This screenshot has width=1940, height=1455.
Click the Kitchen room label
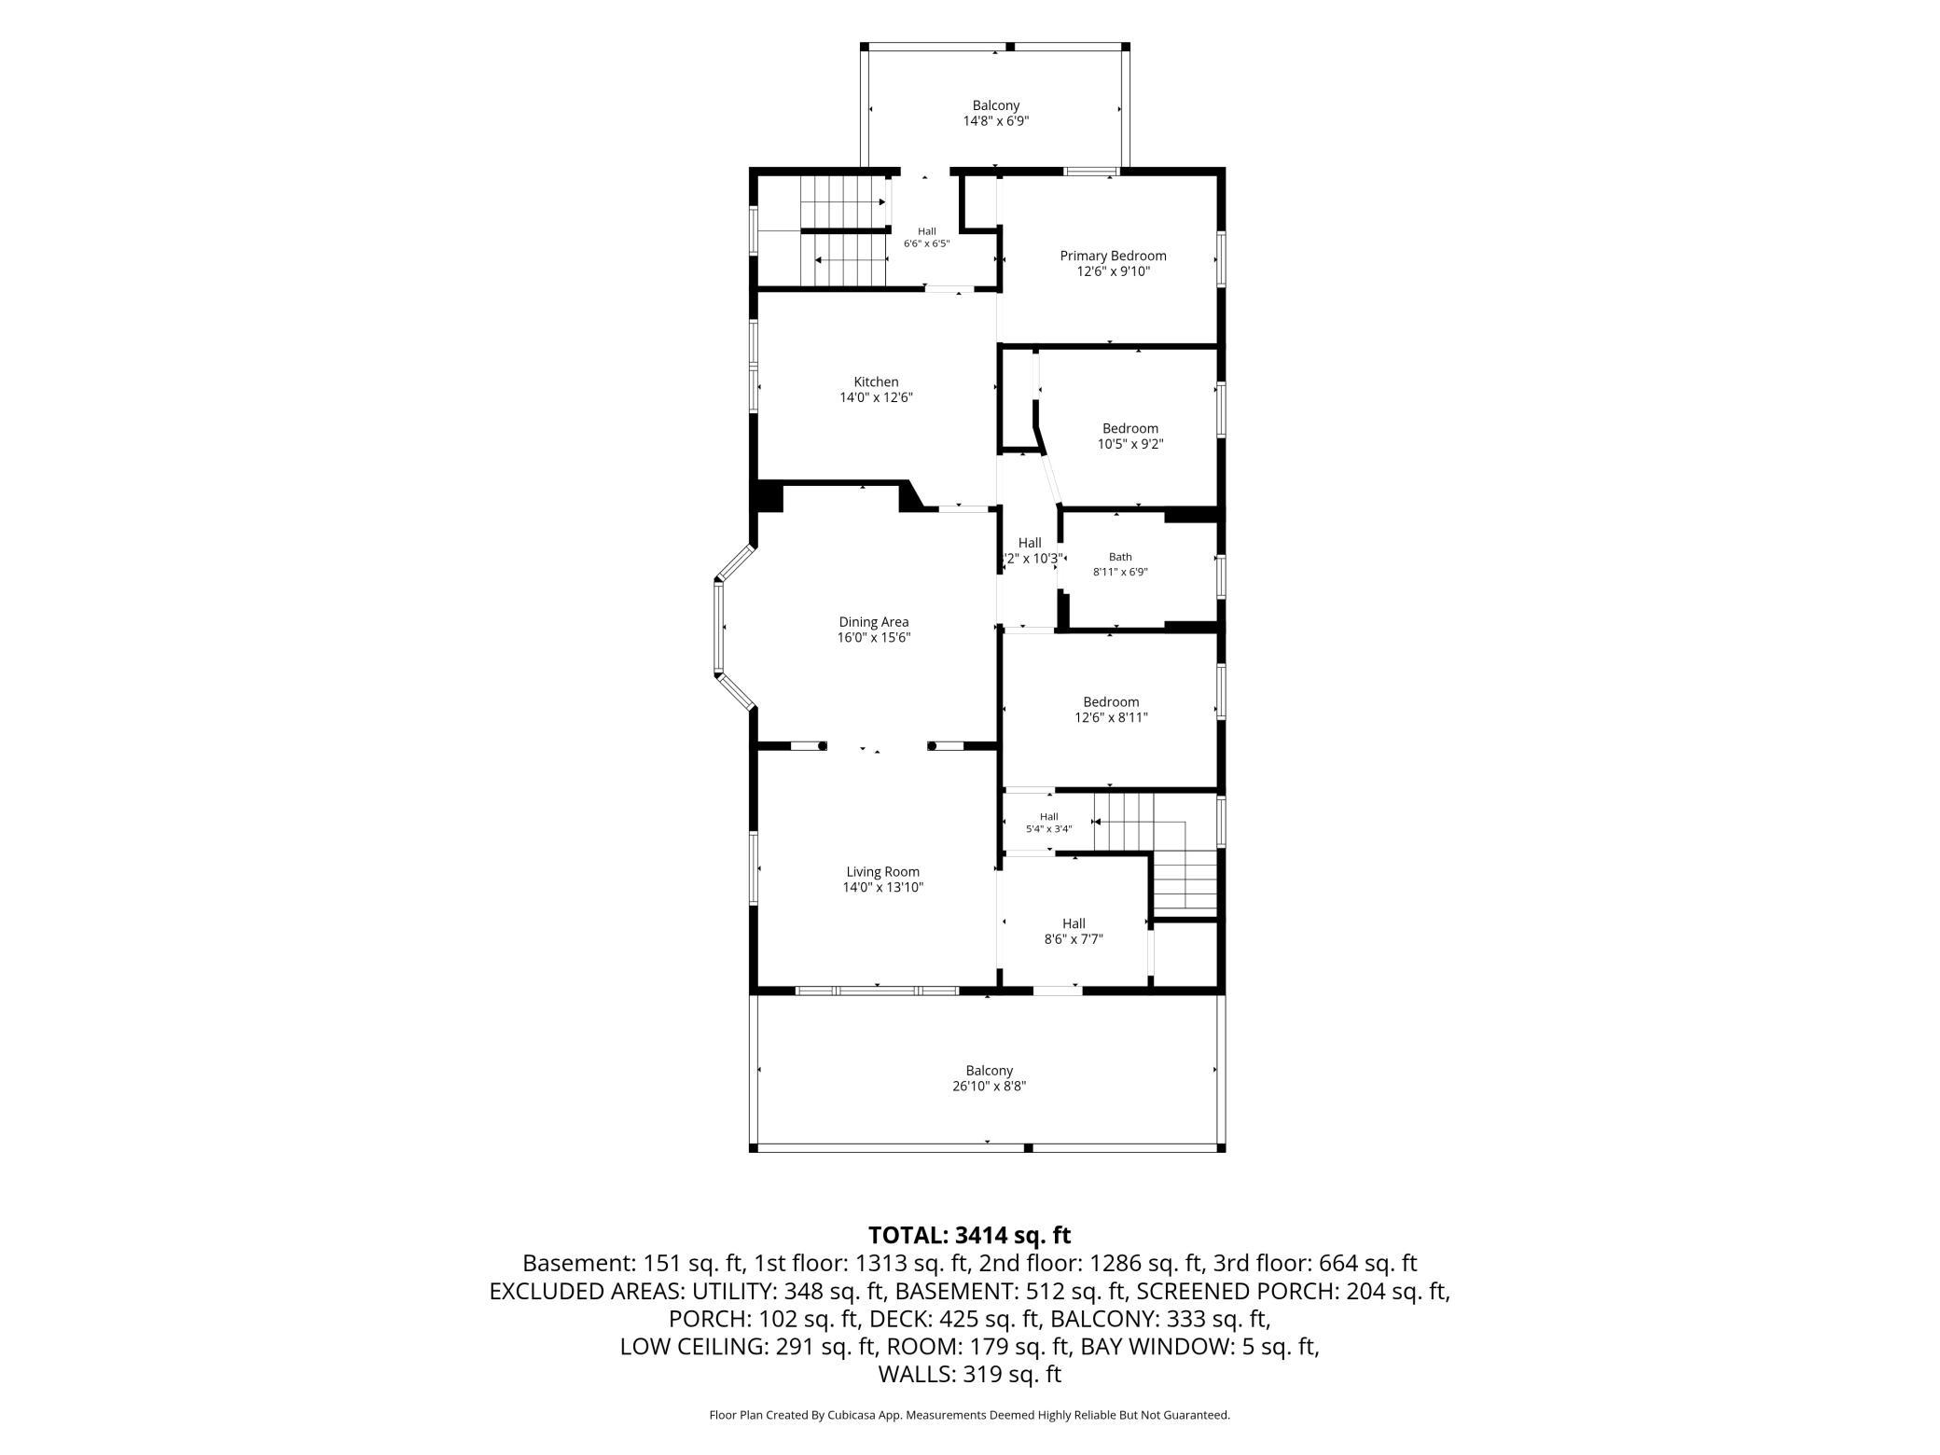876,381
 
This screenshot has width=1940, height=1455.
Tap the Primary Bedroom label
1113,256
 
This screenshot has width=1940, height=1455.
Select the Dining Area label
873,622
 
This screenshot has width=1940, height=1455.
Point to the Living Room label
882,872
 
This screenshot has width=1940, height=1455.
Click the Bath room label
1120,557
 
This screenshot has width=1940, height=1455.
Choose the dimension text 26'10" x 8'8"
989,1087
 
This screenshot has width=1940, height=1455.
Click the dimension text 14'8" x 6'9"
996,121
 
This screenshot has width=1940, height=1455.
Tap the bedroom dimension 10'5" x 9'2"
1130,444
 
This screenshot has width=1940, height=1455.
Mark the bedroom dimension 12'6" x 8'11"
1111,717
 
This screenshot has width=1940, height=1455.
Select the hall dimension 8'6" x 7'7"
1074,939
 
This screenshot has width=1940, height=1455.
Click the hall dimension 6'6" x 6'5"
926,244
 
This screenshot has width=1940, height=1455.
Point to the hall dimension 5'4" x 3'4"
1048,828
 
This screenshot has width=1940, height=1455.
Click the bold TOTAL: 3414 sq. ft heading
969,1236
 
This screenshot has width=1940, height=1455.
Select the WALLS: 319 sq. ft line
969,1374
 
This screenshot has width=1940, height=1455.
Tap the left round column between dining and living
822,745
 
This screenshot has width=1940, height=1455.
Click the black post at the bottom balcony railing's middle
1028,1147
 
